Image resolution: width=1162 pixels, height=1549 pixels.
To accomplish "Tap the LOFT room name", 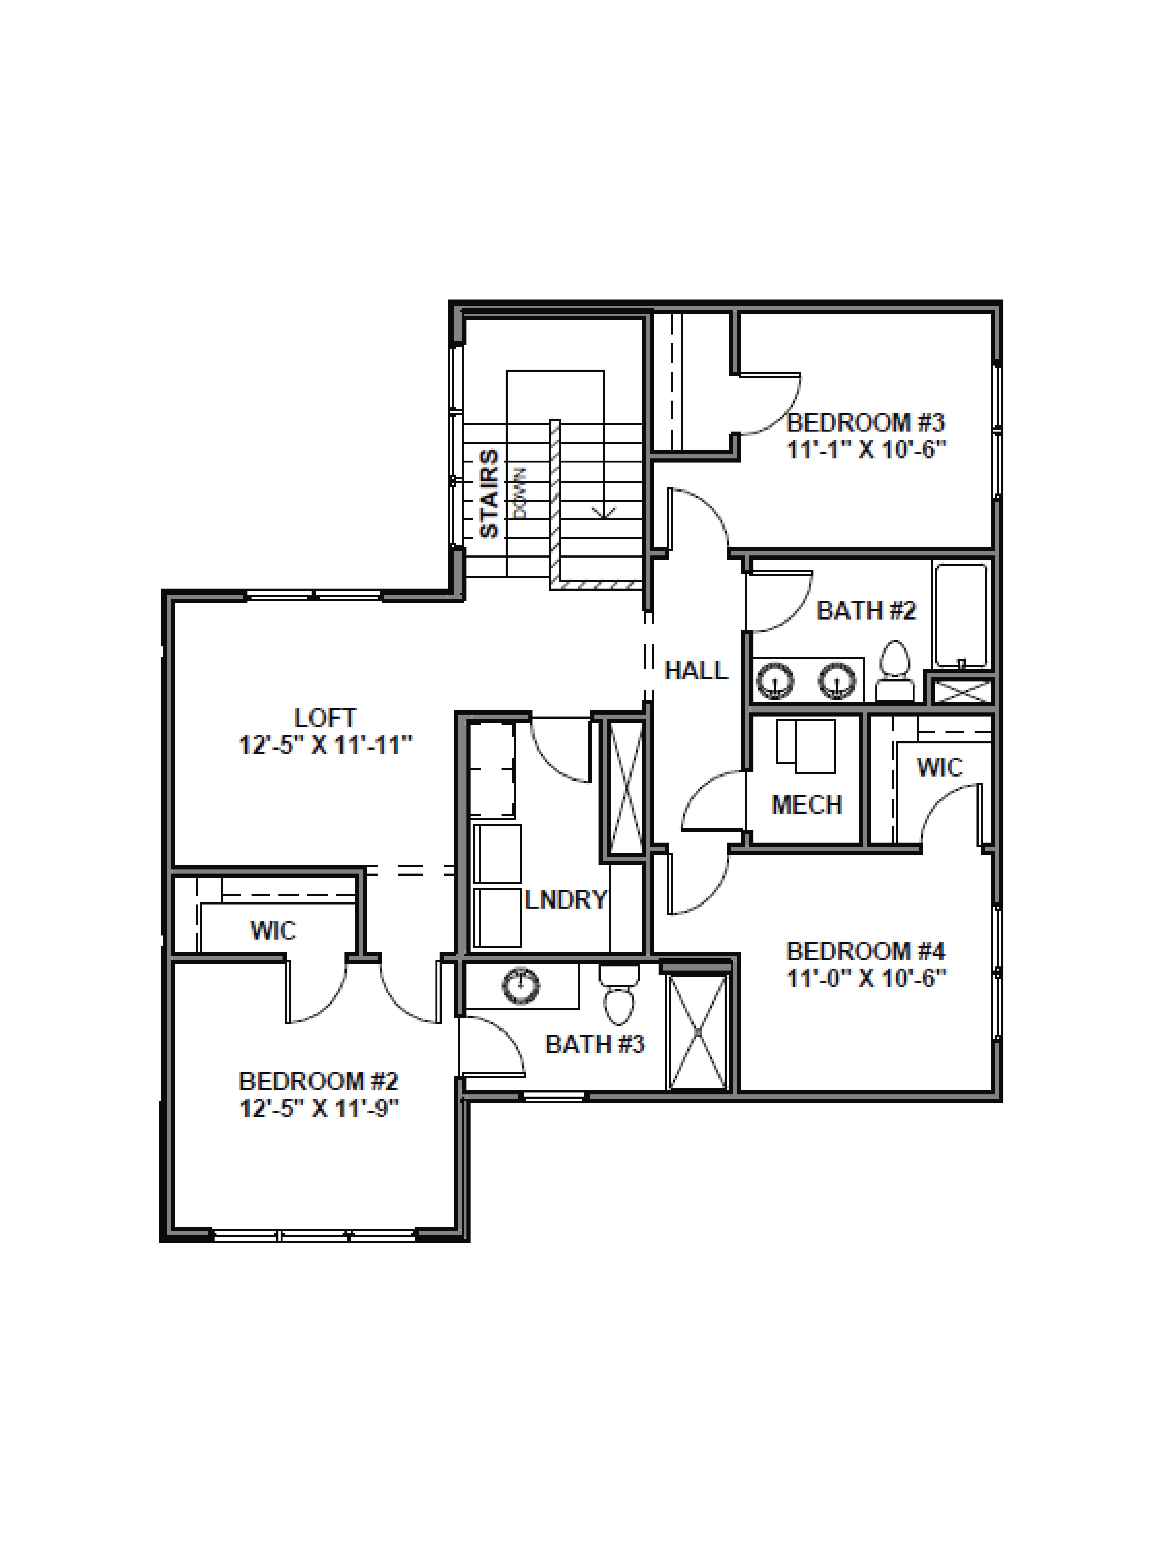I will click(325, 718).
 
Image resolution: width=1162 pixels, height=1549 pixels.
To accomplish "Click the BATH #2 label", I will click(866, 611).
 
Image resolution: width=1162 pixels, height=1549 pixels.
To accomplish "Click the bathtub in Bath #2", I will click(960, 615).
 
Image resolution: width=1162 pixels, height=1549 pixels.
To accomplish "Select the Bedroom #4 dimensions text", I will click(867, 977).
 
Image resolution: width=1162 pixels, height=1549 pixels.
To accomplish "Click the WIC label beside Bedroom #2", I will click(273, 930).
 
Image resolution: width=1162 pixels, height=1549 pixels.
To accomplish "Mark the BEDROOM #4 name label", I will click(866, 951).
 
